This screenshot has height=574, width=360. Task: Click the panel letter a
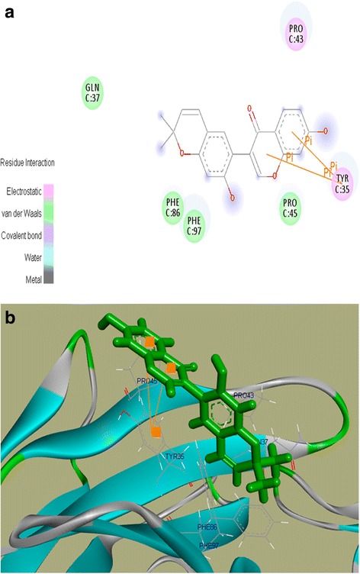point(10,13)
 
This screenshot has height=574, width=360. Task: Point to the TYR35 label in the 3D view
point(174,457)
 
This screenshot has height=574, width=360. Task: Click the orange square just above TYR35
point(156,432)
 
